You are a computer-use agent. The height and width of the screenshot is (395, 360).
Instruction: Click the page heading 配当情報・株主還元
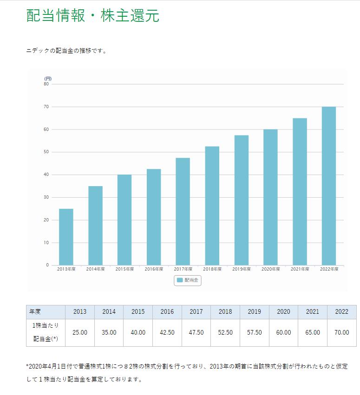(x=93, y=16)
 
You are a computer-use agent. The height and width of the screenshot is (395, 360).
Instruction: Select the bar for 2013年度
(x=66, y=237)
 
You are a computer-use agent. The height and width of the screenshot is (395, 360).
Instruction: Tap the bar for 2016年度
(x=154, y=217)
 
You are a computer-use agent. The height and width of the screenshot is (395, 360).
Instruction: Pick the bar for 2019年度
(x=242, y=200)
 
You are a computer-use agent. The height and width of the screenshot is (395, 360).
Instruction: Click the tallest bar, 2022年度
(x=329, y=186)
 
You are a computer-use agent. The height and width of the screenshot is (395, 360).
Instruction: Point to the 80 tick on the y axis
(x=46, y=84)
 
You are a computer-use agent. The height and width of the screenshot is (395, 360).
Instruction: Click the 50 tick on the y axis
(x=46, y=152)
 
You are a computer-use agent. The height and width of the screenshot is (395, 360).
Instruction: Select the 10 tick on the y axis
(x=46, y=243)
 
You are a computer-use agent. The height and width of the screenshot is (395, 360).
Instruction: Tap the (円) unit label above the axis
(x=48, y=78)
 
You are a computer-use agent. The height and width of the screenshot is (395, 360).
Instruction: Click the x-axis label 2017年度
(x=183, y=269)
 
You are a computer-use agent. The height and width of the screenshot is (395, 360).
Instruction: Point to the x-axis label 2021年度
(x=300, y=269)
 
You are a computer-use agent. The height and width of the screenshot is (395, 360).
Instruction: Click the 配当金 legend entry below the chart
(x=188, y=280)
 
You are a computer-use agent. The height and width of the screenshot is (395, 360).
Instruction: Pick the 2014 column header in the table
(x=109, y=311)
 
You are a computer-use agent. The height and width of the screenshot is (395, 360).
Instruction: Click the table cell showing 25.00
(x=80, y=332)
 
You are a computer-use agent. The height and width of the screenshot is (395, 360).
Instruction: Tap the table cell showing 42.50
(x=167, y=332)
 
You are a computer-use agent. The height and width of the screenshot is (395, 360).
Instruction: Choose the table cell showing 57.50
(x=254, y=332)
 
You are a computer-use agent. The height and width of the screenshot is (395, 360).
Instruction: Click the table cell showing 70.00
(x=341, y=332)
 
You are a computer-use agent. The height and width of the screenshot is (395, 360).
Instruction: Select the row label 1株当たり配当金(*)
(x=46, y=332)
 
